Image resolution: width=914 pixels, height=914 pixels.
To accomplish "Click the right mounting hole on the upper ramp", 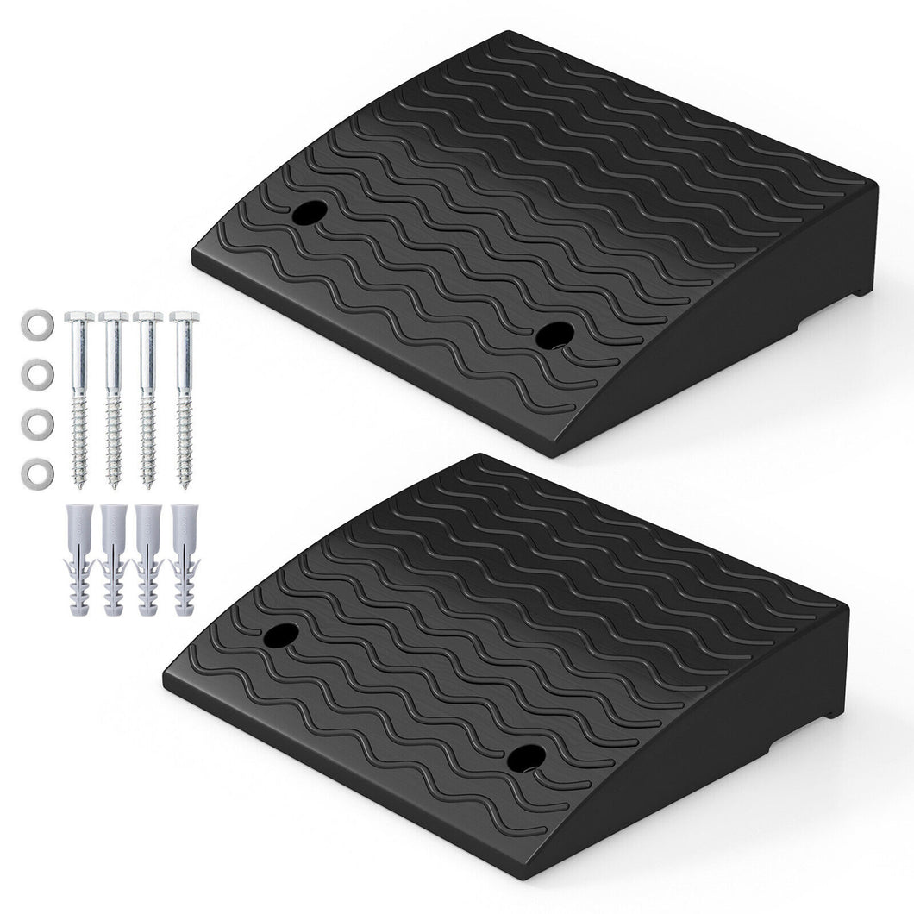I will (x=554, y=335).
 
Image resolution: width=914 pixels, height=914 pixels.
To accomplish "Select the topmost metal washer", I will (x=35, y=326).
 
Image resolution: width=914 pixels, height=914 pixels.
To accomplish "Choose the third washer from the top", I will (x=35, y=423).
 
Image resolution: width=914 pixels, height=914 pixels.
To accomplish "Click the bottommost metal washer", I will (x=35, y=473).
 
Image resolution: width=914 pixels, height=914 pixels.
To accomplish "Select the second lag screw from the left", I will (x=114, y=397).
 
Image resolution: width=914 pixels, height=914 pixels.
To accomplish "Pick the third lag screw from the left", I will (x=149, y=397).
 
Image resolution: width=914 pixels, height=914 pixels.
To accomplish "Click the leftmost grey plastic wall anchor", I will (x=79, y=560).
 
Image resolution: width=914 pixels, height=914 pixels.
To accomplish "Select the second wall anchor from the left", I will (x=114, y=560).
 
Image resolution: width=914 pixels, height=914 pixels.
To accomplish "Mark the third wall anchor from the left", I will (x=149, y=560).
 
